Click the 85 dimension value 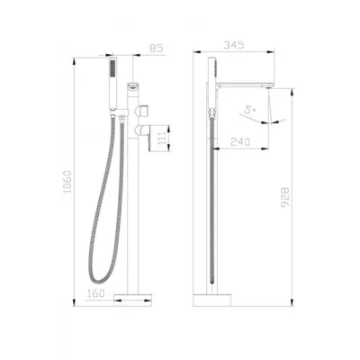coord(156,48)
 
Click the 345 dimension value coord(234,45)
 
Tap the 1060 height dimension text coord(67,182)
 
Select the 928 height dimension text coord(285,197)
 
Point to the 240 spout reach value coord(240,141)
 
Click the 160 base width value coord(96,293)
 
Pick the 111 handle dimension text coord(161,139)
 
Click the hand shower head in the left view coord(112,83)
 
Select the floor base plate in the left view coord(132,300)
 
